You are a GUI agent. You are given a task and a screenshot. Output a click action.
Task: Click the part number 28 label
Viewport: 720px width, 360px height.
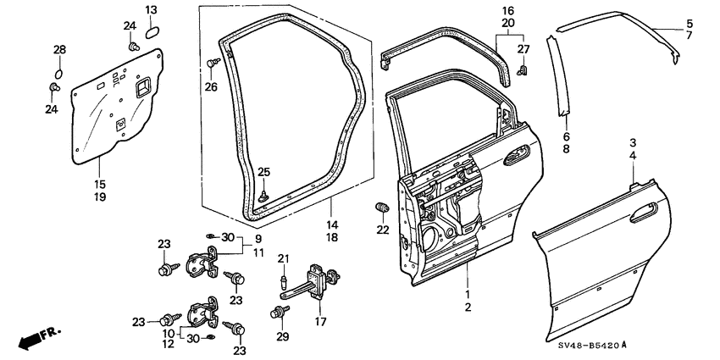click(59, 51)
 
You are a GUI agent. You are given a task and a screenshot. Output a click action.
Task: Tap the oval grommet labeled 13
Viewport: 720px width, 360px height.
click(152, 32)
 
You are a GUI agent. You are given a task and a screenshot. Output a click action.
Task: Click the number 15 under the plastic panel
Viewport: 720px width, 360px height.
click(101, 184)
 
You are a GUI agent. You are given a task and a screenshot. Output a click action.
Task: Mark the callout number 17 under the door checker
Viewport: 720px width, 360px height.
click(321, 323)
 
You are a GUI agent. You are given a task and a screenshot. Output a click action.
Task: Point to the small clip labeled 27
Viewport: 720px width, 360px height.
click(523, 69)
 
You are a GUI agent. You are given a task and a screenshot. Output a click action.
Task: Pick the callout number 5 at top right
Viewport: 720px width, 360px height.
click(689, 23)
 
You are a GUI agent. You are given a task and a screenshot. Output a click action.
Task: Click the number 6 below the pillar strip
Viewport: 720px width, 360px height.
click(567, 135)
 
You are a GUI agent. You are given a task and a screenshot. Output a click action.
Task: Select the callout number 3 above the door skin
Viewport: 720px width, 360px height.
click(632, 142)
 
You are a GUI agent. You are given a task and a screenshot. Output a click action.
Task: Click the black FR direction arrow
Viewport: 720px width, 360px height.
click(30, 339)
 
